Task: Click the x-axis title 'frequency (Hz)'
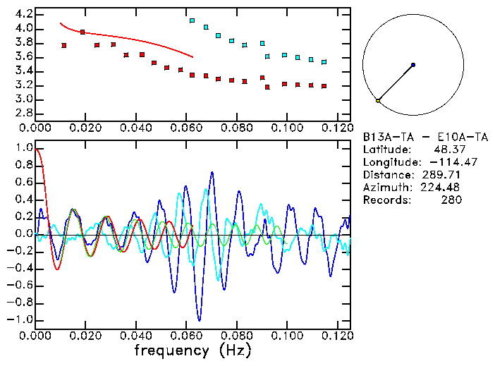(x=192, y=350)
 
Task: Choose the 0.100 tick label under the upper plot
(x=287, y=128)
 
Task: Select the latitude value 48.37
(x=447, y=150)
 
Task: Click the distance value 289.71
(x=445, y=175)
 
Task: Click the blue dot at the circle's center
(x=413, y=64)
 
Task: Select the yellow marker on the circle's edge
(x=378, y=101)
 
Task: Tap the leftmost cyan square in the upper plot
(x=192, y=21)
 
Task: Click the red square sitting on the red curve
(x=83, y=32)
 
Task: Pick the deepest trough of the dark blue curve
(x=200, y=321)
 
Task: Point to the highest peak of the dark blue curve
(x=212, y=171)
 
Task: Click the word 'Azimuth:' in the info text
(x=386, y=188)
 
